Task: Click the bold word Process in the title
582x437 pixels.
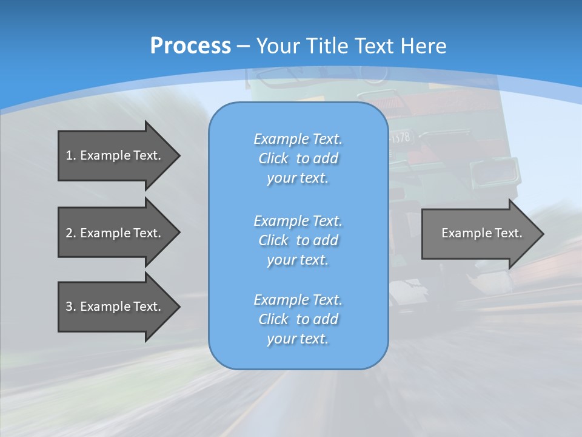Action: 190,46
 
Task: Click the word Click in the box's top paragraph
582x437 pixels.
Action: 273,158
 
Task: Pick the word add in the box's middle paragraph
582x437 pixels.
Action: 326,240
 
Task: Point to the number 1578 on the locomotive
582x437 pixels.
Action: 401,138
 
